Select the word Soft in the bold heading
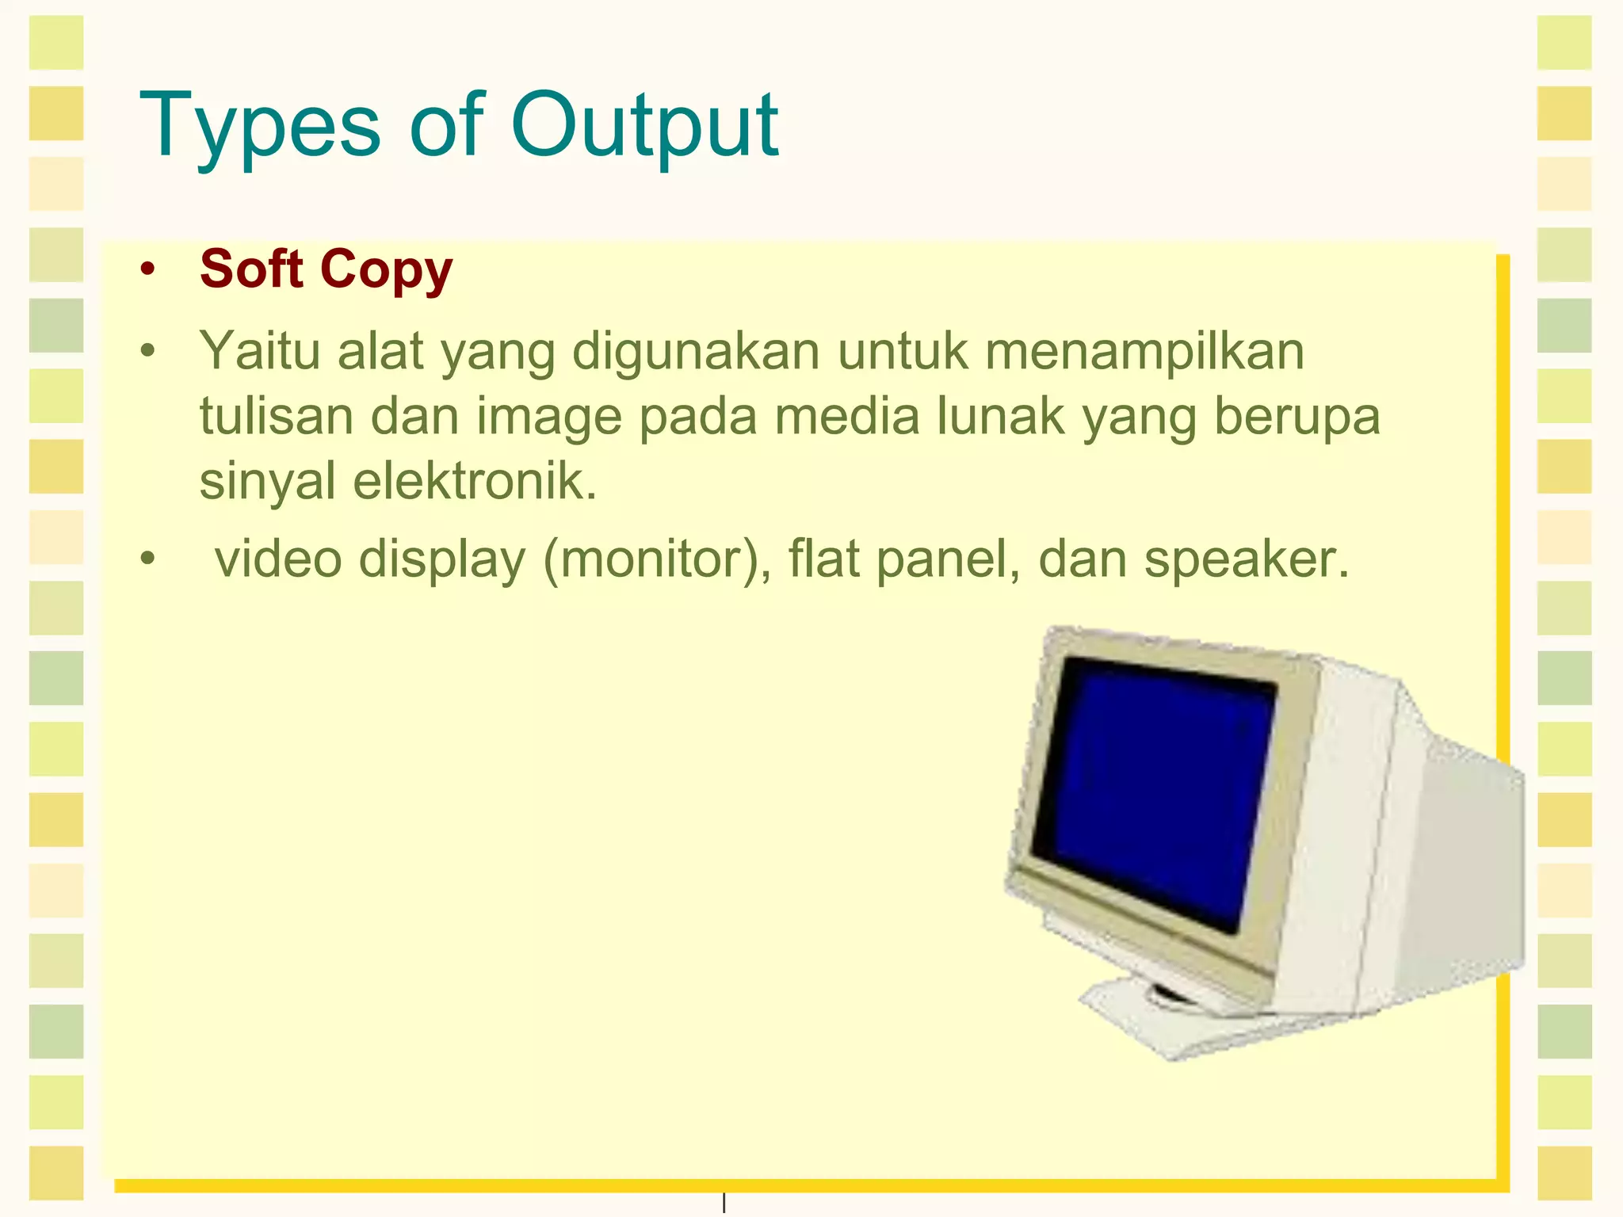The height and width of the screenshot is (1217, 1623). [x=251, y=269]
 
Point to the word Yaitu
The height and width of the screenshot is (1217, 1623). [x=259, y=351]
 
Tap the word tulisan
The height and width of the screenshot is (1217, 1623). [x=276, y=416]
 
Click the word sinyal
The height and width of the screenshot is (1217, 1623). [x=267, y=482]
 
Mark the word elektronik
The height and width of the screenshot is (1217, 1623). [x=474, y=480]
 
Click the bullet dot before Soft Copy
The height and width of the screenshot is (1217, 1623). [x=147, y=269]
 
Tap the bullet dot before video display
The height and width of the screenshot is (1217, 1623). [x=147, y=559]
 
